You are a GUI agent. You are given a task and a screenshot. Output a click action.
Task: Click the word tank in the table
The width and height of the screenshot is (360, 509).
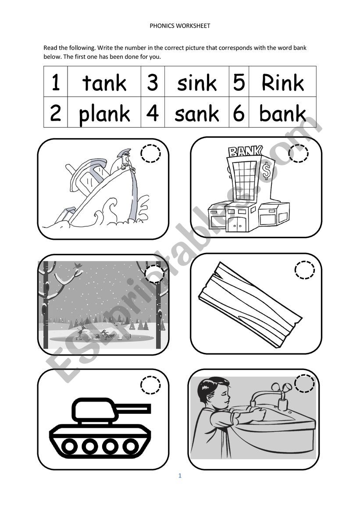point(104,82)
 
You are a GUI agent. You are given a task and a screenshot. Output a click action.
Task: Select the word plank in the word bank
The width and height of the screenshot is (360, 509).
point(104,114)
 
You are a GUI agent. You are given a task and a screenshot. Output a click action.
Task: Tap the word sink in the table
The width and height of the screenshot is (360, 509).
point(196,82)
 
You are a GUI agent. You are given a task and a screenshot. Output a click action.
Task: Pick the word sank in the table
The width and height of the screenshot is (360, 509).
point(196,114)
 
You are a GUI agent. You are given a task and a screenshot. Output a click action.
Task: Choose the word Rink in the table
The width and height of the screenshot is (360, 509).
point(282,82)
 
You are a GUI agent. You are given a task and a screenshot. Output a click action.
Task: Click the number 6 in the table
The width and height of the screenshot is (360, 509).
point(239,114)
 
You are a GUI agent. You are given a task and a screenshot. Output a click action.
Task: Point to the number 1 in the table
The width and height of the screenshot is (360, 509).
point(56,82)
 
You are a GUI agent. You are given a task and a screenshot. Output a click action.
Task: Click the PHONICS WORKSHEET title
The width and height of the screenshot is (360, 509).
point(180,26)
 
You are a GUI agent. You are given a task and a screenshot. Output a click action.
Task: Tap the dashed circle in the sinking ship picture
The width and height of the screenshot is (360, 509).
point(150,154)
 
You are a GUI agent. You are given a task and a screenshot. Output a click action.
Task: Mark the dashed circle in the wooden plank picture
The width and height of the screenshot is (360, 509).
point(305,270)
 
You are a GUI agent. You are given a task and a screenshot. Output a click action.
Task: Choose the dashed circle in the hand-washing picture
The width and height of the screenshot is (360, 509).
point(305,383)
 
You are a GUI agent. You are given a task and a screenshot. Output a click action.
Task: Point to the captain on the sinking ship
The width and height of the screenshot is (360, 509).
point(125,160)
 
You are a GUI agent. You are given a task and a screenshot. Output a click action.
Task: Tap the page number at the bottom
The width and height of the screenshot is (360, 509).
point(180,476)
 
